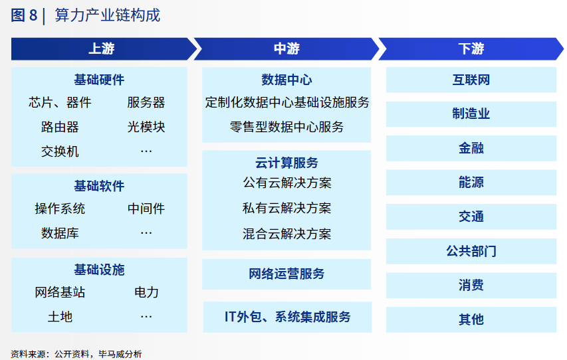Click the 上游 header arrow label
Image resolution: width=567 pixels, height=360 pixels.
pos(102,48)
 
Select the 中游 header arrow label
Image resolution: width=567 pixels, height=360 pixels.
pos(286,48)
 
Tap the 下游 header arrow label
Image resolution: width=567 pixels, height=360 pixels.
pos(471,48)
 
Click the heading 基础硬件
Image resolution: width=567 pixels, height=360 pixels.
pos(99,80)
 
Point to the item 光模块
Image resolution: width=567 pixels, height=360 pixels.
pos(146,127)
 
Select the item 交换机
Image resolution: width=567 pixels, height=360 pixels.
pos(60,151)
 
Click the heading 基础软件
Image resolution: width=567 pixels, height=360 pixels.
pos(99,186)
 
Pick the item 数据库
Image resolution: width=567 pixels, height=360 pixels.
pos(60,233)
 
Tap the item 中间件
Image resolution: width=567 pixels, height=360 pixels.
pos(146,209)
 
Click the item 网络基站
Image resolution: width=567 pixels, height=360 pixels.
pos(60,292)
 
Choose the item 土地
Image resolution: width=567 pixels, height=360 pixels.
pos(60,317)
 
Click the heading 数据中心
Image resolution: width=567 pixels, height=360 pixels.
pos(286,80)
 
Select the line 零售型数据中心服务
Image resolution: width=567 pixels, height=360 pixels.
pos(286,127)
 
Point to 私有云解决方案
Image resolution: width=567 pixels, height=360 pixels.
pos(286,208)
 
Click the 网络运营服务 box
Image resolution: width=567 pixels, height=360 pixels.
pos(286,274)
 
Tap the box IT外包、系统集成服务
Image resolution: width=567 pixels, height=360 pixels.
pos(287,317)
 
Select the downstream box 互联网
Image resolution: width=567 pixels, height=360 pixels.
pos(471,80)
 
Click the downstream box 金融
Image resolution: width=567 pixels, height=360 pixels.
pos(471,148)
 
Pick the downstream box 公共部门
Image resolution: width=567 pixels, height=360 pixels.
pos(471,251)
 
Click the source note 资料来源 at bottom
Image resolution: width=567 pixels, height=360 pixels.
pos(76,354)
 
